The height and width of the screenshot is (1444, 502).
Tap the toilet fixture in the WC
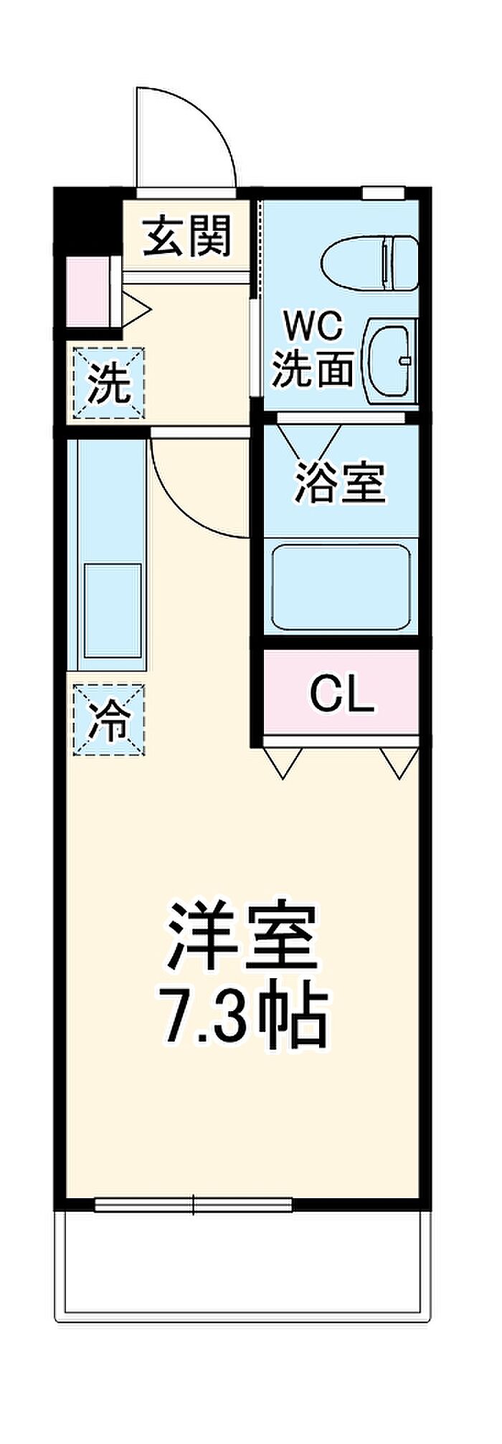click(x=369, y=264)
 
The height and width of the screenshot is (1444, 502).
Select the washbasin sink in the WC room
click(x=390, y=360)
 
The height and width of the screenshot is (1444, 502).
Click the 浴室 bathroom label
click(x=341, y=482)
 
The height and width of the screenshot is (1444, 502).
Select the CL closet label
click(x=341, y=694)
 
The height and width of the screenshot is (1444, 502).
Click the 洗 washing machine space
click(x=109, y=383)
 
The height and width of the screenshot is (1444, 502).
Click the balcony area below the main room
click(x=244, y=1255)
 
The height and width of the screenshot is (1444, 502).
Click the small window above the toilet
click(x=383, y=193)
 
